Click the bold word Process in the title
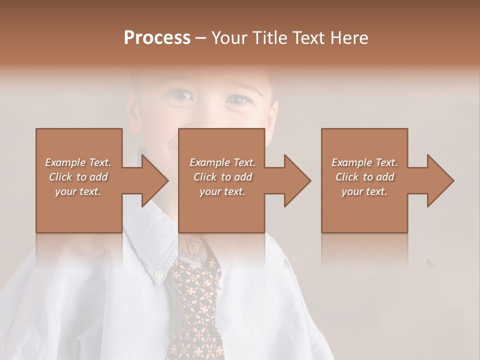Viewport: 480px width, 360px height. pyautogui.click(x=157, y=38)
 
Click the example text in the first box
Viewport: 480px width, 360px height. pyautogui.click(x=78, y=177)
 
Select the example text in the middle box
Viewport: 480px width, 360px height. pyautogui.click(x=222, y=177)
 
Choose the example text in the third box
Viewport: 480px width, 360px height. pyautogui.click(x=364, y=177)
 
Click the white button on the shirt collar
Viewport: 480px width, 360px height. pyautogui.click(x=158, y=274)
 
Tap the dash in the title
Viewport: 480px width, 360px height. pyautogui.click(x=200, y=38)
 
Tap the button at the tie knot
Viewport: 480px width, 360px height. pyautogui.click(x=192, y=246)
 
